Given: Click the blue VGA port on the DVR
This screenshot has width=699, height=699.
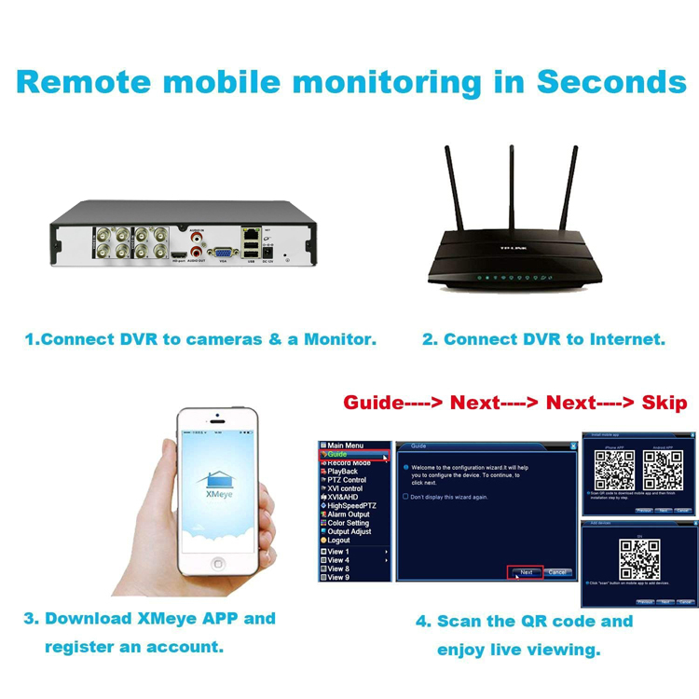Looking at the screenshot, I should pos(223,253).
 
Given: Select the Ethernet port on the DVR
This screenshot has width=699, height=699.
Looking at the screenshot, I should pos(252,233).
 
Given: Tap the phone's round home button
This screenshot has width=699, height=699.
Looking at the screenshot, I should pos(218,564).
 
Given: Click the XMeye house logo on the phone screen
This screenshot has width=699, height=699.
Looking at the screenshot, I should pos(217,480).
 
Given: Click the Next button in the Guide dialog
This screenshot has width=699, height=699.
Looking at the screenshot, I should pos(526,572).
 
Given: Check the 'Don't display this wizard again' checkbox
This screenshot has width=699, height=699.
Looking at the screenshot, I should pos(405,497).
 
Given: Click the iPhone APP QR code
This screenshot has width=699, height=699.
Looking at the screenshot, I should pos(614,471).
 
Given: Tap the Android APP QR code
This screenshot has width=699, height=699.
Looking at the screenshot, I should pos(663,471).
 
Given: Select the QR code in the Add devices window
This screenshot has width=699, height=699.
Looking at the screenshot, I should pos(639,558).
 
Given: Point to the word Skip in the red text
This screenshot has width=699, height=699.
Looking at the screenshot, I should pos(664,403).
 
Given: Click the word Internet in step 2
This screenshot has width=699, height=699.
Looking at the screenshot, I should pos(627,339).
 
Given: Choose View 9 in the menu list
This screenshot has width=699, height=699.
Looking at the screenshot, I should pos(338,577).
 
